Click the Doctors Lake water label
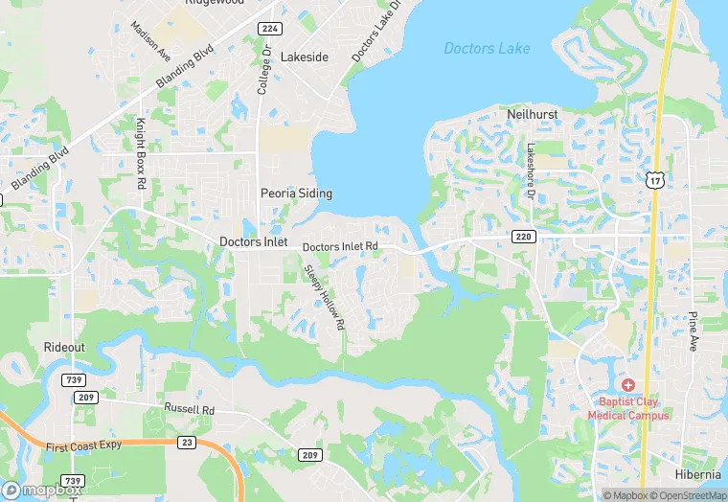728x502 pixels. pyautogui.click(x=487, y=48)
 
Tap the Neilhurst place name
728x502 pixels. pyautogui.click(x=532, y=114)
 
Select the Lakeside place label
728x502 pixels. pyautogui.click(x=304, y=57)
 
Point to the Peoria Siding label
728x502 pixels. pyautogui.click(x=296, y=193)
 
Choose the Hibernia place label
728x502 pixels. pyautogui.click(x=697, y=474)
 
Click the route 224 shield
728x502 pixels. pyautogui.click(x=270, y=29)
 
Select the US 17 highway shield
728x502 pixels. pyautogui.click(x=655, y=179)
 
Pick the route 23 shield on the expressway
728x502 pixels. pyautogui.click(x=187, y=442)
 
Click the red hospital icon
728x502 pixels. pyautogui.click(x=627, y=384)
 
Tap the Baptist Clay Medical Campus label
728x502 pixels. pyautogui.click(x=633, y=408)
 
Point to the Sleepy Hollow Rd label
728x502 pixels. pyautogui.click(x=325, y=298)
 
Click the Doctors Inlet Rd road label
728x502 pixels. pyautogui.click(x=340, y=247)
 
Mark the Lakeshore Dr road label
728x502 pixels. pyautogui.click(x=530, y=166)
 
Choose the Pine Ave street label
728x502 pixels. pyautogui.click(x=693, y=331)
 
